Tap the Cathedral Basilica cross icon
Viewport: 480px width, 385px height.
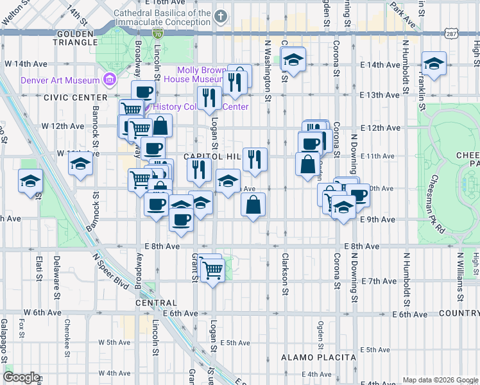221,17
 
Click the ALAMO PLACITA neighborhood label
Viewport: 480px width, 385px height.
319,357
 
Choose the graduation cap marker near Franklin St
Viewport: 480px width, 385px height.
434,64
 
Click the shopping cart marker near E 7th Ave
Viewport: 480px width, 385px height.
212,270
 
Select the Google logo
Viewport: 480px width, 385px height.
21,377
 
